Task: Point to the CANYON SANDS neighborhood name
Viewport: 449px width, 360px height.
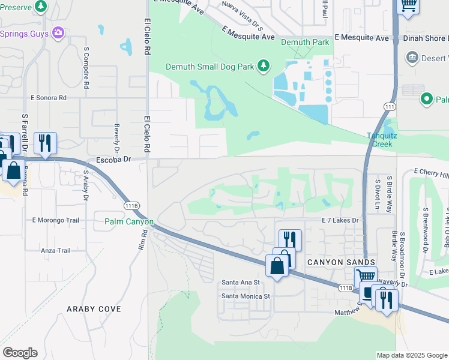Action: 342,262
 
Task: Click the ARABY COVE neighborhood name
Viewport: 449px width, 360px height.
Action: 94,309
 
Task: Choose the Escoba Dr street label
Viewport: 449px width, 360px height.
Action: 113,160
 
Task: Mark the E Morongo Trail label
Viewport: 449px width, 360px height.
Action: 56,220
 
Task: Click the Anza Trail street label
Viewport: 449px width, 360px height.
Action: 56,251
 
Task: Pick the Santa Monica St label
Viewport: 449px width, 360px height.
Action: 246,296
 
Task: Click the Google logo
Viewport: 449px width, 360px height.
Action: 20,353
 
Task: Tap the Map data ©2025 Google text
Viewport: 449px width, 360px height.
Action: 411,355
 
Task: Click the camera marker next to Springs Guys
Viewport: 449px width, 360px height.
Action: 58,32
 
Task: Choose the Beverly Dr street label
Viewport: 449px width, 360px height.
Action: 116,139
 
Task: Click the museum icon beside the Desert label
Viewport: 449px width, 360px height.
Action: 412,58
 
